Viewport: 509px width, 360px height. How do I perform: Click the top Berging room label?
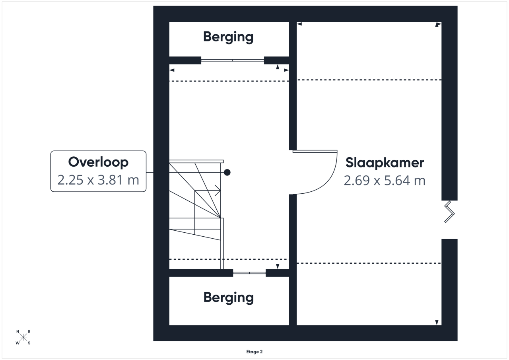(x=228, y=37)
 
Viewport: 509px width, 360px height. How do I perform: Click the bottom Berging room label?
(x=228, y=298)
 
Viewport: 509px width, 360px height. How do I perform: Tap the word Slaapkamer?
(x=385, y=163)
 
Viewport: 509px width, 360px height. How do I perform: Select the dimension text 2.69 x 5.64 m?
(x=385, y=181)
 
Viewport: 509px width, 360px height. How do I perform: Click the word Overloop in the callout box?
(x=98, y=162)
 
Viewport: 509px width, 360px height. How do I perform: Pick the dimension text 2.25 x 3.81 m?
(x=98, y=180)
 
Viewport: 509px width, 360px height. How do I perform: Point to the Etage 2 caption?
(x=254, y=352)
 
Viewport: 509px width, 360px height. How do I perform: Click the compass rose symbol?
(x=23, y=337)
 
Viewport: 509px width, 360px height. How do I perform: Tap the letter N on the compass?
(x=18, y=332)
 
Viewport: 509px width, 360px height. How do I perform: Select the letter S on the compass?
(x=29, y=343)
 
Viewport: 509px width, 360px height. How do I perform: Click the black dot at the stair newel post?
(x=227, y=173)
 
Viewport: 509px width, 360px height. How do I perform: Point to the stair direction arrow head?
(x=218, y=191)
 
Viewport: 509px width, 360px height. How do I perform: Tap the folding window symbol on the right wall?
(x=449, y=212)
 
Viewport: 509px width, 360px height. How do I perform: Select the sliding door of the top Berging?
(x=233, y=60)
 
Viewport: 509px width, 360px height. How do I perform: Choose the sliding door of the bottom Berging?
(x=249, y=273)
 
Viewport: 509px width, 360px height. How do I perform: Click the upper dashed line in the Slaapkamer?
(x=369, y=80)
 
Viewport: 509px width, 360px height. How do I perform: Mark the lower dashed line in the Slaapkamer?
(x=369, y=263)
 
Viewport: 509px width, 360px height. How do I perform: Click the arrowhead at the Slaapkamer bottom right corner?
(x=437, y=323)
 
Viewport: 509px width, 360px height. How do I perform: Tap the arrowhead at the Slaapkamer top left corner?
(x=299, y=24)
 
